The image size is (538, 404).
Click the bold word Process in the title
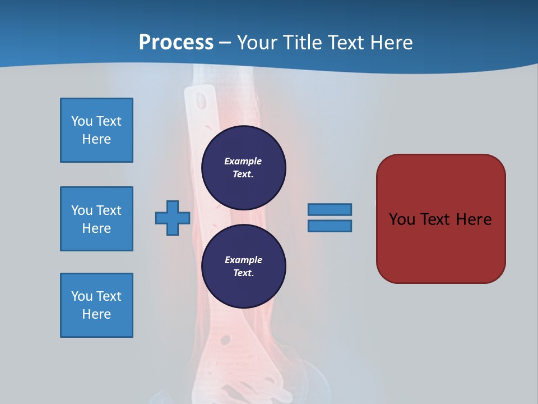click(x=176, y=43)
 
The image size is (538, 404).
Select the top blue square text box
click(x=96, y=130)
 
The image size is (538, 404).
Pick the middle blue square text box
click(x=96, y=219)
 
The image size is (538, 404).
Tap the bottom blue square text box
click(x=96, y=305)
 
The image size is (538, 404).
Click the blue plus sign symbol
click(x=173, y=218)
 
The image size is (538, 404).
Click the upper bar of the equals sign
click(x=330, y=209)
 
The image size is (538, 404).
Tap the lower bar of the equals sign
click(x=330, y=226)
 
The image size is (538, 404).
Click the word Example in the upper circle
click(x=243, y=161)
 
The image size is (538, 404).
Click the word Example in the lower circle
click(x=243, y=260)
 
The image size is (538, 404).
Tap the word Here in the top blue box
click(x=96, y=139)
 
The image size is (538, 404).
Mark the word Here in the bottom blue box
click(x=96, y=314)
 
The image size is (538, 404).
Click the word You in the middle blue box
click(x=82, y=210)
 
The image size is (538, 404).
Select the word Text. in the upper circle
click(x=243, y=174)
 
